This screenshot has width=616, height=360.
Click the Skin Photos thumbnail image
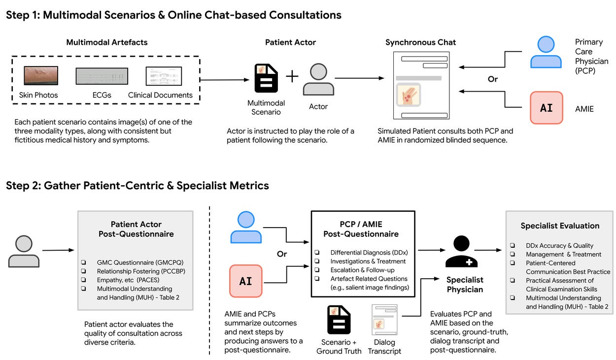tap(41, 75)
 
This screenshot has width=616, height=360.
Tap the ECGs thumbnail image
tap(102, 76)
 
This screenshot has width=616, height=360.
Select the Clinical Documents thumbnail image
tap(164, 76)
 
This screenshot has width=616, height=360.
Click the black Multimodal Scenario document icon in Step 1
tap(266, 78)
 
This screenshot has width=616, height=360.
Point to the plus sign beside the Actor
tap(293, 76)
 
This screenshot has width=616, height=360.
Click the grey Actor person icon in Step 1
tap(318, 79)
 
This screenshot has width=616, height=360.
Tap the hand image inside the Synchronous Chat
tap(409, 95)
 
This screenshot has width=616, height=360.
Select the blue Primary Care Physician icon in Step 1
tap(546, 53)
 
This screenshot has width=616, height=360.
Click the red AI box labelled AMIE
tap(546, 107)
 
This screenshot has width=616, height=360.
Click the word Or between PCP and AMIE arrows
tap(492, 79)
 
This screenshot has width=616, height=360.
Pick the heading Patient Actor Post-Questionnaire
tap(136, 229)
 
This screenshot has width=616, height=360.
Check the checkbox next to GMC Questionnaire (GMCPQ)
tap(84, 262)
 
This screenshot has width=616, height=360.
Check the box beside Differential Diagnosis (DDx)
tap(317, 253)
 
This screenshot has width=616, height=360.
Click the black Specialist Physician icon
tap(461, 252)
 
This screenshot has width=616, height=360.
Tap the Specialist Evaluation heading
tap(560, 226)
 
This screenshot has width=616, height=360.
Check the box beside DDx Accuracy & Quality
tap(513, 245)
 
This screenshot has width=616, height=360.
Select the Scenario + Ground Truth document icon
tap(339, 320)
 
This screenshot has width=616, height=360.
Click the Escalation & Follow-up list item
tap(362, 270)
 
